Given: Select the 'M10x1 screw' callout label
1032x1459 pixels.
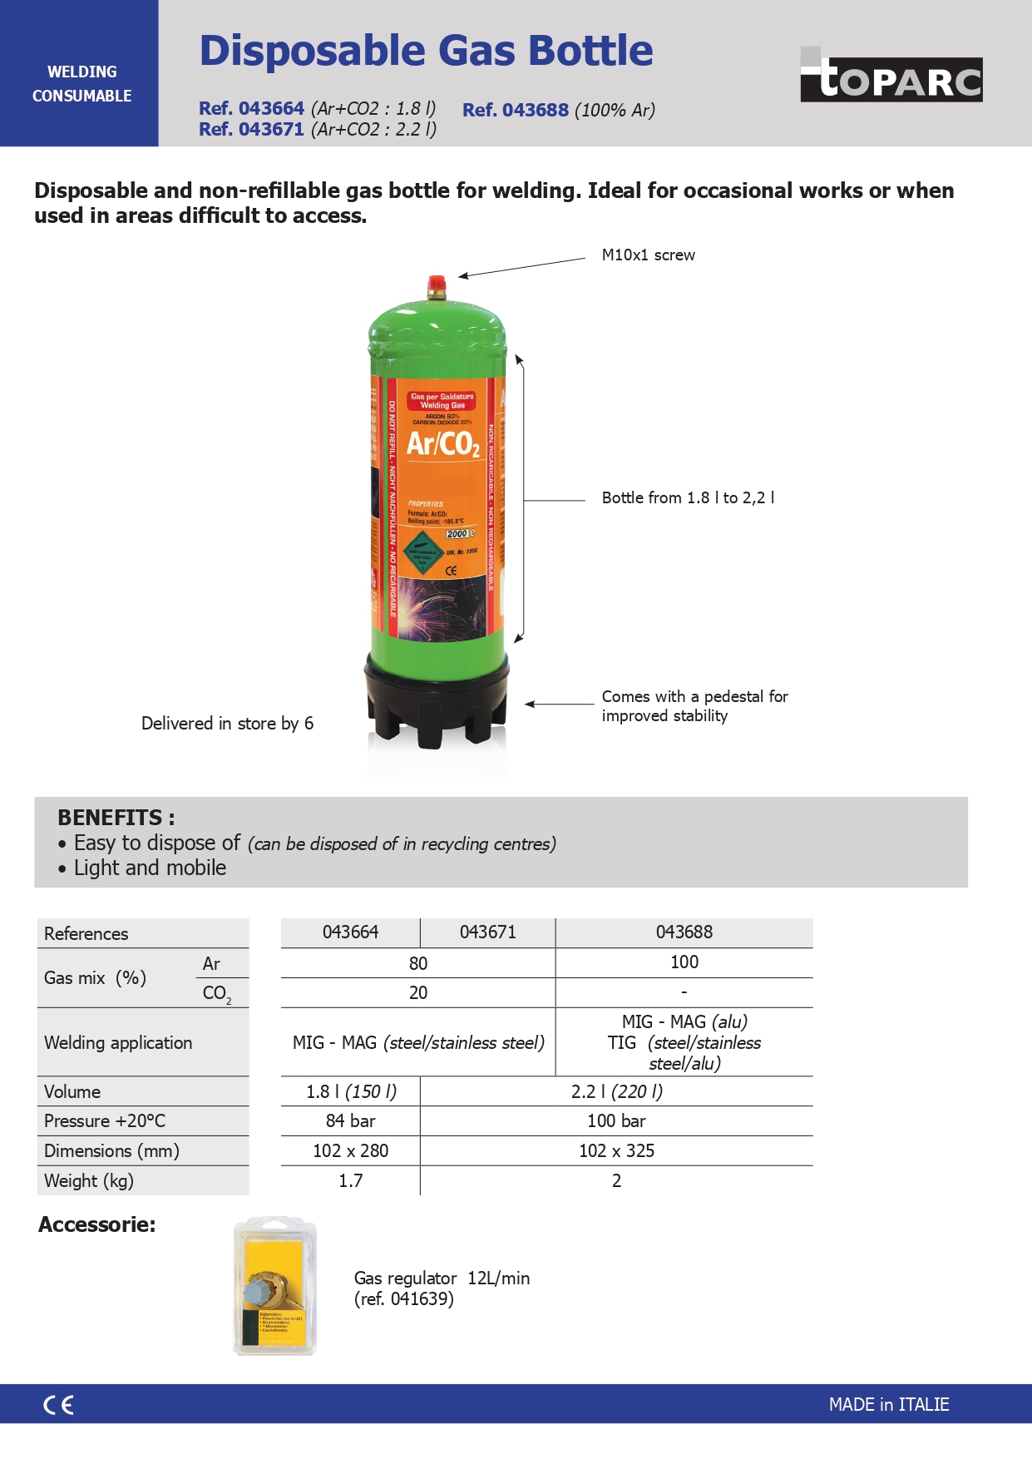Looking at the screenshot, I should pyautogui.click(x=648, y=255).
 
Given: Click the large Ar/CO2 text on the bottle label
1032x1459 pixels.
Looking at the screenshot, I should pyautogui.click(x=442, y=444).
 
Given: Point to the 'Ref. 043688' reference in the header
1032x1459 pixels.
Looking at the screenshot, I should pyautogui.click(x=516, y=110).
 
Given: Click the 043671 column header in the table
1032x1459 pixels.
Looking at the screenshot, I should pyautogui.click(x=487, y=932).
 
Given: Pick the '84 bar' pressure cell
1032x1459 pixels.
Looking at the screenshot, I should pyautogui.click(x=350, y=1121).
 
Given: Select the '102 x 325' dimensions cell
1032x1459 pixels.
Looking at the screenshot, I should pyautogui.click(x=616, y=1151).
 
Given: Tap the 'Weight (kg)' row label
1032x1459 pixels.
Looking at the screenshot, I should pyautogui.click(x=89, y=1181).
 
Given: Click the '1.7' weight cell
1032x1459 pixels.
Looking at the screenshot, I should pyautogui.click(x=350, y=1181).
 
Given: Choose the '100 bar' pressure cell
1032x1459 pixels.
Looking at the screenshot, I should pyautogui.click(x=616, y=1121).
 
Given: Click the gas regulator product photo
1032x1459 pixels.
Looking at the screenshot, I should pyautogui.click(x=275, y=1287).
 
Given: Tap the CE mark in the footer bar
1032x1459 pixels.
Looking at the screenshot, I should pyautogui.click(x=58, y=1405).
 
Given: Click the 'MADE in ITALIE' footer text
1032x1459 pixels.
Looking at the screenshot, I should pyautogui.click(x=888, y=1405).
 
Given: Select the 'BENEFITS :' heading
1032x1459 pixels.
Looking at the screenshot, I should pyautogui.click(x=116, y=818).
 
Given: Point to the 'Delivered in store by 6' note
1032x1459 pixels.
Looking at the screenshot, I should pyautogui.click(x=227, y=724).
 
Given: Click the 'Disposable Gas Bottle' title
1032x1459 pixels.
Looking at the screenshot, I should pyautogui.click(x=426, y=51).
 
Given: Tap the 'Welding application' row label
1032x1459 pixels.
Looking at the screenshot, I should pyautogui.click(x=118, y=1043).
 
